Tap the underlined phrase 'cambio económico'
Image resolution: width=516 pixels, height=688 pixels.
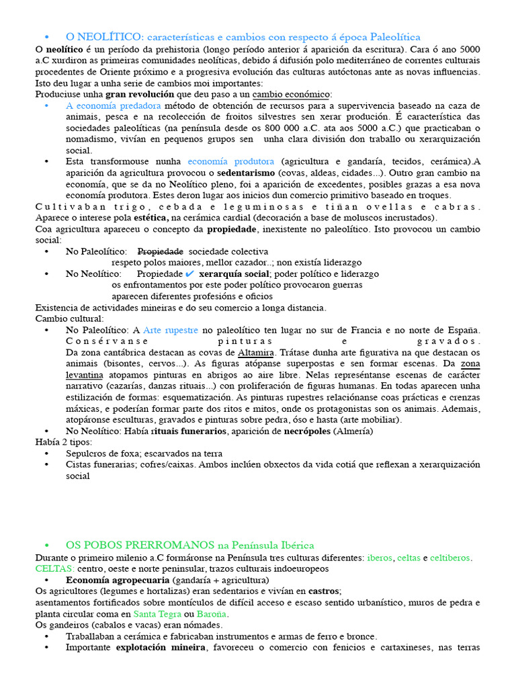(x=291, y=94)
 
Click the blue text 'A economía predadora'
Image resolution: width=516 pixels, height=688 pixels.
(x=113, y=106)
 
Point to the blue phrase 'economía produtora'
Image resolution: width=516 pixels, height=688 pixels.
(x=230, y=161)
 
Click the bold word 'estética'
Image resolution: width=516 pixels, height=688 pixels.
(x=151, y=217)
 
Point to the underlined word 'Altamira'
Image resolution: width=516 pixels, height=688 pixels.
(x=255, y=352)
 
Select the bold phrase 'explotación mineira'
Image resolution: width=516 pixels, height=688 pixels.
(x=161, y=647)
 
